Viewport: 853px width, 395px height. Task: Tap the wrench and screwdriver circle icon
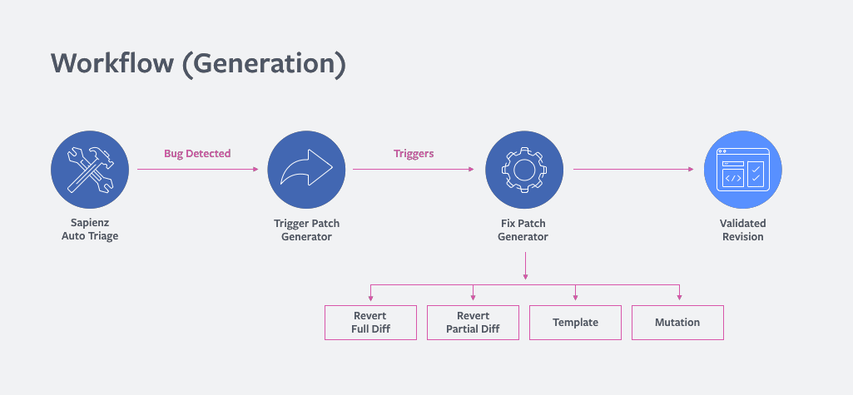[x=90, y=170]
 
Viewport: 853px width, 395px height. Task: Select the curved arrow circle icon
[x=306, y=170]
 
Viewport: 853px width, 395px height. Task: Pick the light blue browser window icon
[x=742, y=170]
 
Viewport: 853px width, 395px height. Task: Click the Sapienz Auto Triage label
[x=90, y=230]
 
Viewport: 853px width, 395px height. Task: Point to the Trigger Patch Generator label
[x=306, y=230]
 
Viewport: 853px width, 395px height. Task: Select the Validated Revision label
[x=742, y=230]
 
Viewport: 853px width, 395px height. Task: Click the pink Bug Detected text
[x=197, y=154]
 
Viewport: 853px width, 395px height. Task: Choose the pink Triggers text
[x=414, y=154]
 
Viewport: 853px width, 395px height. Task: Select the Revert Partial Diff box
[x=474, y=323]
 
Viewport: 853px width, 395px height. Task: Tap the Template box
[x=575, y=323]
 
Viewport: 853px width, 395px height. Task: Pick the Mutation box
[x=677, y=323]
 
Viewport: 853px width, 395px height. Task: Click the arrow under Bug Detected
[x=198, y=170]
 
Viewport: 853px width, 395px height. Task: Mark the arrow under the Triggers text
[x=414, y=170]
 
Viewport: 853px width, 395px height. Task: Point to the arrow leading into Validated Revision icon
[x=633, y=170]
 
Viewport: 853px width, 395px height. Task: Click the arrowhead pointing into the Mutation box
[x=680, y=298]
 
